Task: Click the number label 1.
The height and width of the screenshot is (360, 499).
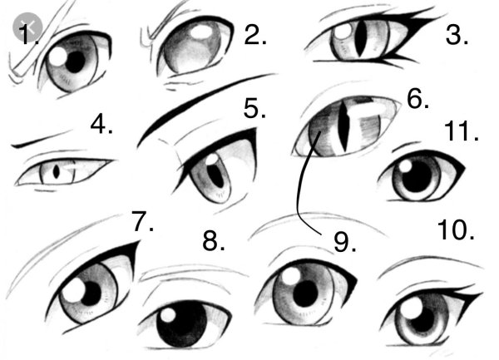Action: pyautogui.click(x=28, y=34)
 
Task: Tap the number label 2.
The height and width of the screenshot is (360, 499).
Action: pyautogui.click(x=255, y=34)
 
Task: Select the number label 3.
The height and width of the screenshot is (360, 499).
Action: pyautogui.click(x=457, y=35)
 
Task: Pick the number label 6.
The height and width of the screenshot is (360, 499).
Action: pyautogui.click(x=417, y=99)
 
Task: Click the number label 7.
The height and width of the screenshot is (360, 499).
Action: pyautogui.click(x=143, y=221)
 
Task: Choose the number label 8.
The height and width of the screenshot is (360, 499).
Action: pyautogui.click(x=214, y=241)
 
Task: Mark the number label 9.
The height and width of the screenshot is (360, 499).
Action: pyautogui.click(x=345, y=242)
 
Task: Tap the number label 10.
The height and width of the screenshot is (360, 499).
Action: pyautogui.click(x=456, y=229)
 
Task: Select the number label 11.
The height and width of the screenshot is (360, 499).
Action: pyautogui.click(x=461, y=131)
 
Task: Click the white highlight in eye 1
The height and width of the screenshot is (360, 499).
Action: pyautogui.click(x=58, y=57)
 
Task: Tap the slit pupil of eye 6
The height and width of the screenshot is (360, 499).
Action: pyautogui.click(x=344, y=126)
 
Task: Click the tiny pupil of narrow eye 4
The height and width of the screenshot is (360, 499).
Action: pyautogui.click(x=57, y=172)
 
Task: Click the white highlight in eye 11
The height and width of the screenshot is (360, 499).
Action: pyautogui.click(x=406, y=166)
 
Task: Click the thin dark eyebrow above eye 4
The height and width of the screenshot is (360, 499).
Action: pyautogui.click(x=42, y=139)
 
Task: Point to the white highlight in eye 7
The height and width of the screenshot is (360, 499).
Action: pyautogui.click(x=74, y=290)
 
